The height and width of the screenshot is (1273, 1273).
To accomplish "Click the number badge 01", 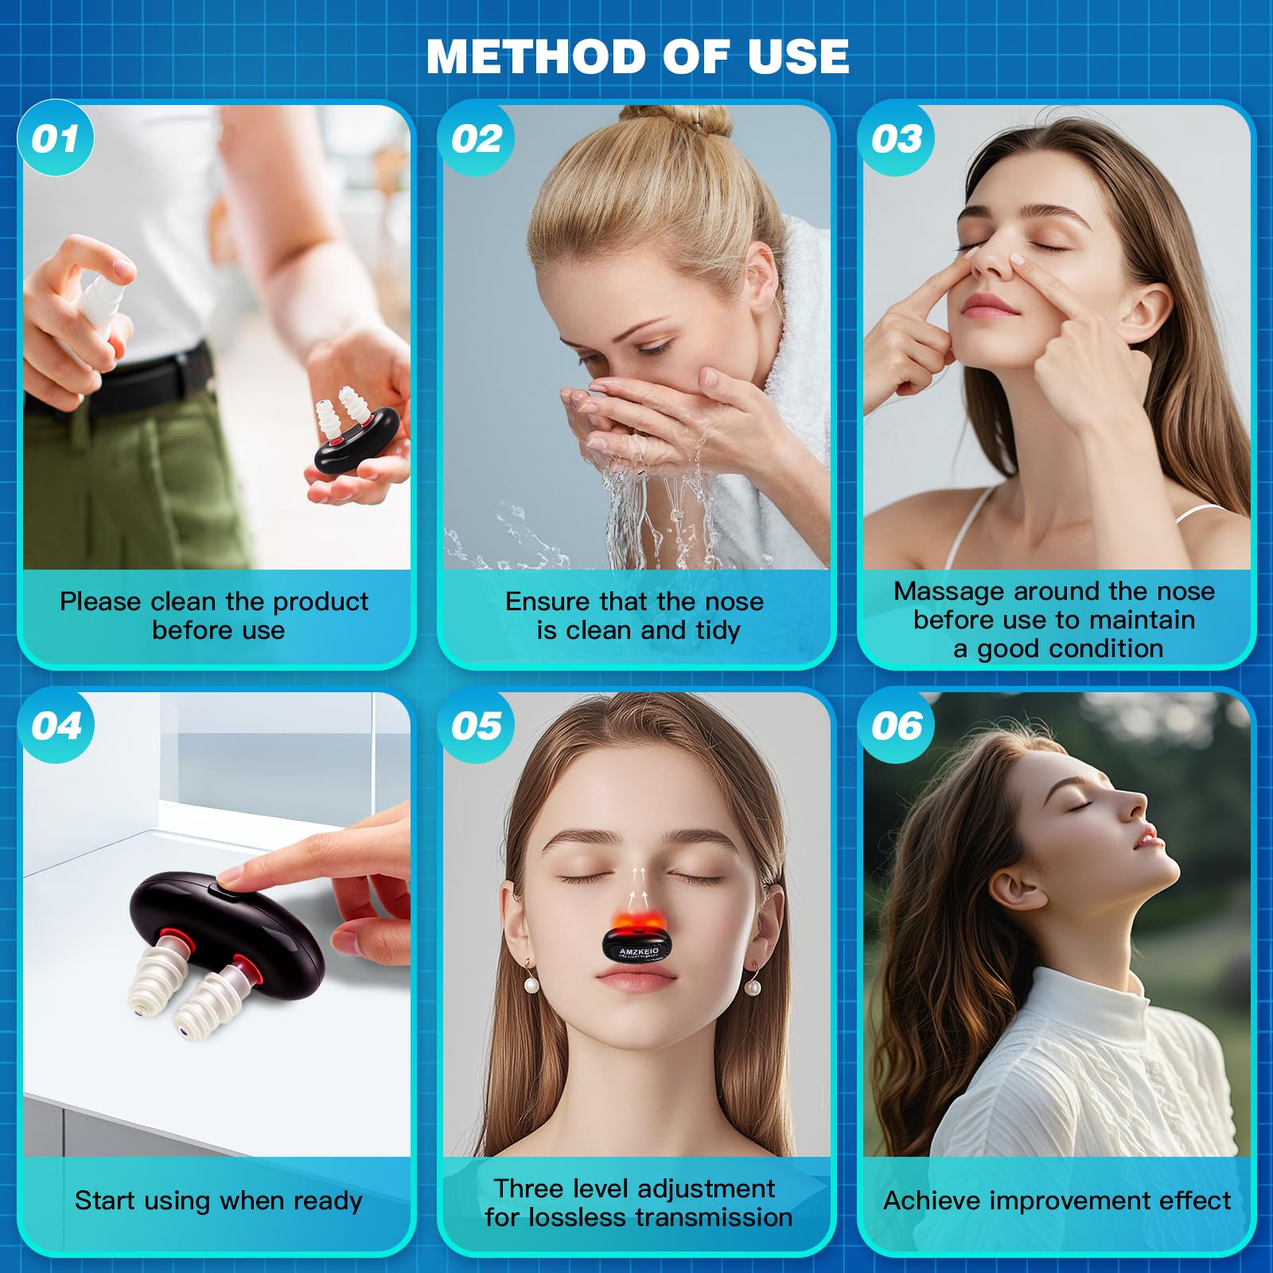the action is click(x=56, y=139).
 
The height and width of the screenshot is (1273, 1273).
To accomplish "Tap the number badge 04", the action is click(x=56, y=726).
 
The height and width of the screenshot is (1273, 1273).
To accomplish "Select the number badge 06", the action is click(x=896, y=726).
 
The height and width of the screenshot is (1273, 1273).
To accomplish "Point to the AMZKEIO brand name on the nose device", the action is click(x=639, y=951).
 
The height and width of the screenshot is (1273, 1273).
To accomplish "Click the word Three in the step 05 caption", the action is click(x=528, y=1188).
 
